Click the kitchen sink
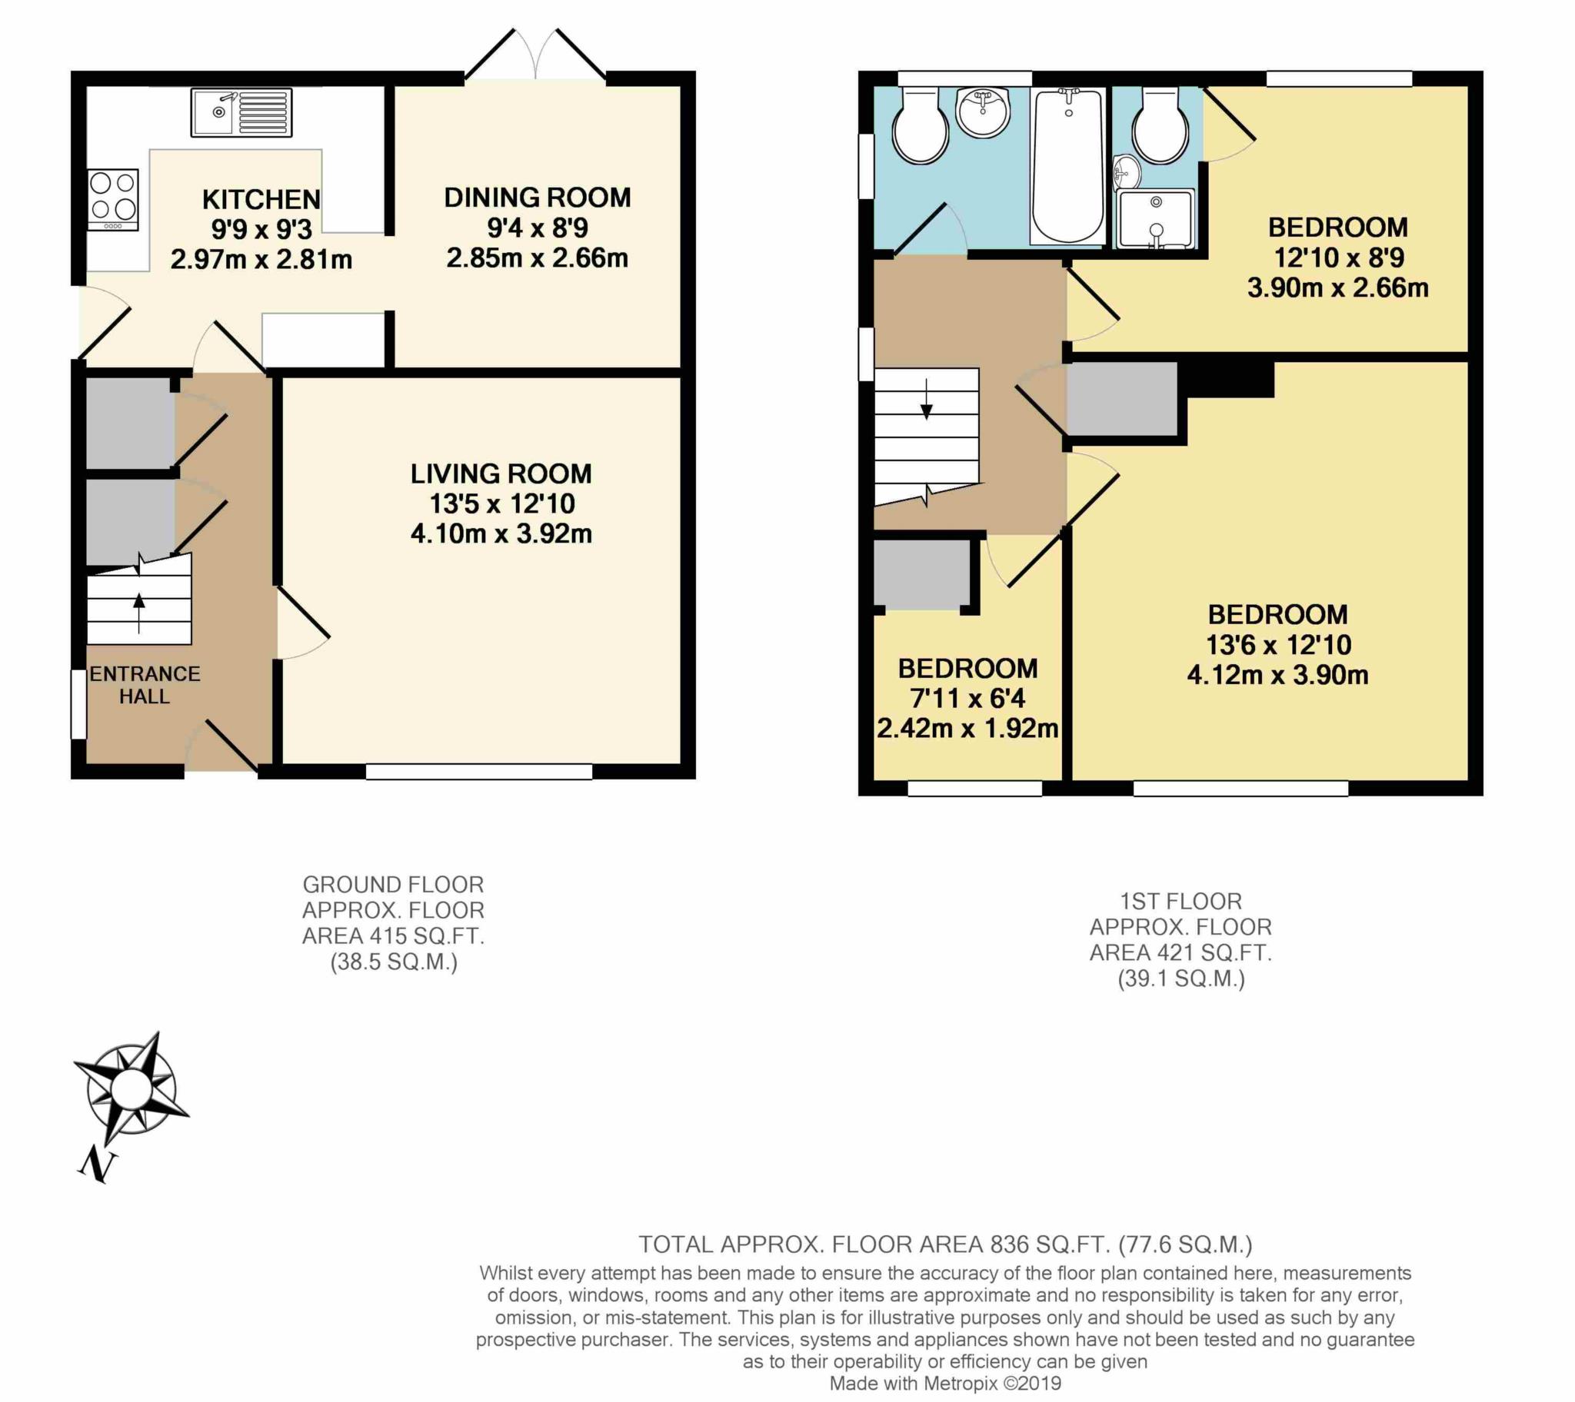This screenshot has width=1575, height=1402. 241,113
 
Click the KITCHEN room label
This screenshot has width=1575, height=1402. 261,200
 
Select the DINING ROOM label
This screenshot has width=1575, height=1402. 537,198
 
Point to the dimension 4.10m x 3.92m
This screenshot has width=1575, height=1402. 501,534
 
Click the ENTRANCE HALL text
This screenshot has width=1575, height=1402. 144,685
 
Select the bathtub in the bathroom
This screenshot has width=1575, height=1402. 1067,165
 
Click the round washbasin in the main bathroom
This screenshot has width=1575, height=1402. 982,111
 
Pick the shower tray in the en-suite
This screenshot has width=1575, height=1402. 1155,219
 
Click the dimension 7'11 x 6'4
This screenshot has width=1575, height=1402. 967,698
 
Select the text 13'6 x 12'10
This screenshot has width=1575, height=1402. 1278,644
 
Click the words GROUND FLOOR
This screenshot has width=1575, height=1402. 393,885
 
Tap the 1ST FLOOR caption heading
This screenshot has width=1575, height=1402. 1180,902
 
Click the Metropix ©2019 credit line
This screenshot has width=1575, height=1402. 944,1384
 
